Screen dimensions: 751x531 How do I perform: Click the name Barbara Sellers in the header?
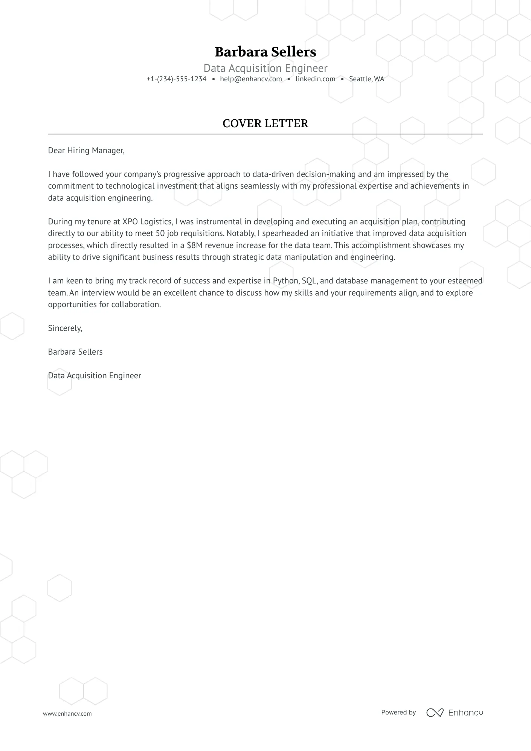coord(265,52)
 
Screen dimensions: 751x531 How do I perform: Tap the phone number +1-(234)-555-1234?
coord(177,79)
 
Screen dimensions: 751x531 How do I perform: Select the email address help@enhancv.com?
coord(251,79)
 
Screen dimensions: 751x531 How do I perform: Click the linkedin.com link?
coord(315,79)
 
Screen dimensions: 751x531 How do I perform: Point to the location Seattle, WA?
coord(366,79)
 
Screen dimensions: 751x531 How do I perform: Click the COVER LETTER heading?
coord(265,123)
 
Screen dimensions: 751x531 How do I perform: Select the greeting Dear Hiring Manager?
coord(86,151)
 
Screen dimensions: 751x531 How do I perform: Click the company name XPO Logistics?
coord(147,222)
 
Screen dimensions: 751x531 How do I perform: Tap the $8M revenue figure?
coord(194,245)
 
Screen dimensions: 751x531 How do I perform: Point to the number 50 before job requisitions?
coord(160,233)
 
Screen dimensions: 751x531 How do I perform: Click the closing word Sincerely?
coord(65,328)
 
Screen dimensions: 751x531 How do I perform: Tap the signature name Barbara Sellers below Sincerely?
coord(75,352)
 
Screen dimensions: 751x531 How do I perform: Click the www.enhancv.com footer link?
coord(67,714)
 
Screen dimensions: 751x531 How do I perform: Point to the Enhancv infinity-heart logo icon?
coord(435,713)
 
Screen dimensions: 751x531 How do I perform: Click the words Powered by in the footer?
coord(398,712)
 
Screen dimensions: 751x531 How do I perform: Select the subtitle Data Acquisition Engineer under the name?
coord(265,68)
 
